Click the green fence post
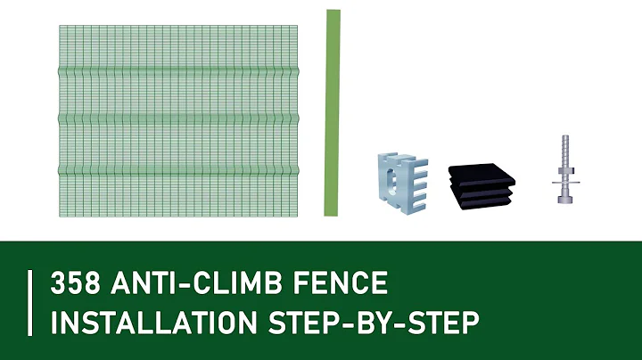(333, 111)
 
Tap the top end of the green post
(333, 12)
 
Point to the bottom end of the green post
(333, 211)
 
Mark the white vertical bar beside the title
(31, 302)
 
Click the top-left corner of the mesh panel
(60, 26)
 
